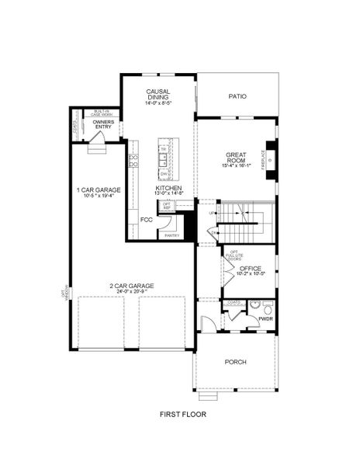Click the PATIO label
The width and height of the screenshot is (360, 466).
click(237, 97)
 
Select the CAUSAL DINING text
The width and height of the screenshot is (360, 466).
click(158, 95)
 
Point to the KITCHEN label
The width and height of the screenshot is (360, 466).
click(168, 188)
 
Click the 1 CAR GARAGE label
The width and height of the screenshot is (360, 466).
click(97, 190)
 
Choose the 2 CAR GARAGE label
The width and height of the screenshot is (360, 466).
click(135, 286)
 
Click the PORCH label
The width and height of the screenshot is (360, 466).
click(235, 362)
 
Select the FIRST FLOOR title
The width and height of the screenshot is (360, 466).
click(182, 415)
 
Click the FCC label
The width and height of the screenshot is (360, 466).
click(146, 219)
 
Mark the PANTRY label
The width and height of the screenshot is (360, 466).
click(171, 235)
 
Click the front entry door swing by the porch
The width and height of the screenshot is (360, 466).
click(205, 323)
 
